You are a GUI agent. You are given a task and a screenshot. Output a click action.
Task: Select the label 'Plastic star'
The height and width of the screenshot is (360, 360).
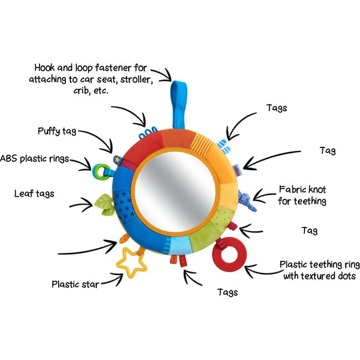[x=75, y=285]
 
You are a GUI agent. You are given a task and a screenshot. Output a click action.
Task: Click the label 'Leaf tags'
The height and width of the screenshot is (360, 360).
[x=34, y=193]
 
